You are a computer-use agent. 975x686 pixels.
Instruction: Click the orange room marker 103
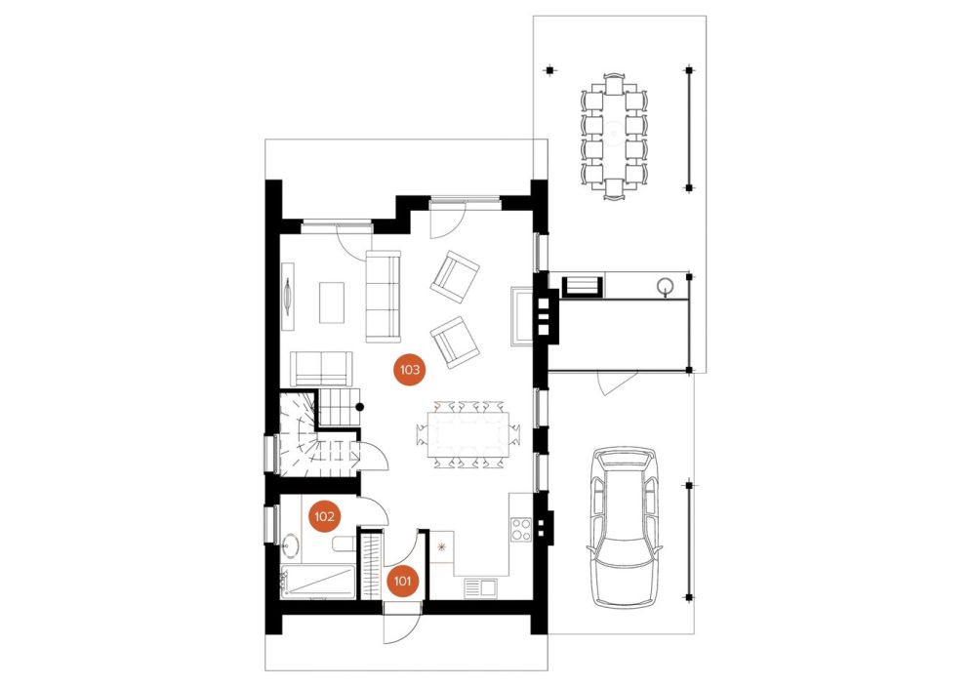(409, 370)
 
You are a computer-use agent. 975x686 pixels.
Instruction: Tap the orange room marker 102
(324, 517)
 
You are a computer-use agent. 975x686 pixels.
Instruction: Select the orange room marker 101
(402, 582)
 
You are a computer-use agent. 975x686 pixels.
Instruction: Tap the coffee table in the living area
(332, 303)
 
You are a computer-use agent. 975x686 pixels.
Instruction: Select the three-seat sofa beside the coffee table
(383, 297)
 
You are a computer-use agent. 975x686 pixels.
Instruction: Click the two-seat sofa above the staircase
(321, 369)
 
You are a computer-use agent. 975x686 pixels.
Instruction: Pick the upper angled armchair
(455, 277)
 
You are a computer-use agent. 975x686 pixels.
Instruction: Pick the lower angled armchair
(456, 343)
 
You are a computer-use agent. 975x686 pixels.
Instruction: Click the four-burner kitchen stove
(520, 529)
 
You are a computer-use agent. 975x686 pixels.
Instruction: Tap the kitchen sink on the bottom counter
(480, 585)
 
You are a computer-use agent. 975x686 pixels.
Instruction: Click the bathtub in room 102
(317, 583)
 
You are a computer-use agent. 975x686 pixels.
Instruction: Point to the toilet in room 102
(344, 545)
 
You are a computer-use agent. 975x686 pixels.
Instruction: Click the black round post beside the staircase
(359, 407)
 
